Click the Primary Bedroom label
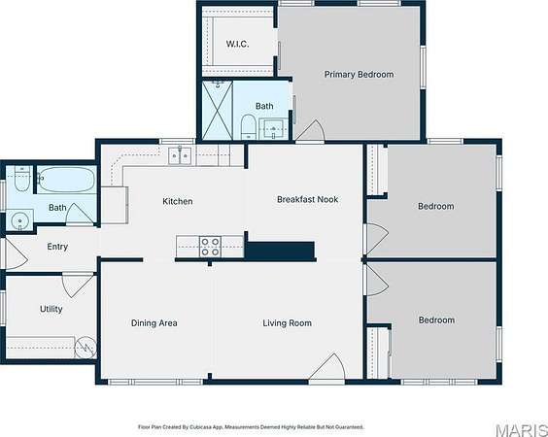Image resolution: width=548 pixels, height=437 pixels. (x=359, y=75)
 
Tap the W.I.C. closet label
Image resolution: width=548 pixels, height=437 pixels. (x=237, y=44)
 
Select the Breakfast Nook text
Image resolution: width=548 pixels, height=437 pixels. (x=308, y=199)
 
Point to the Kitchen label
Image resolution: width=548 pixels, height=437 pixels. (x=178, y=201)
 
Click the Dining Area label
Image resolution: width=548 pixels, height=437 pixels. (x=154, y=323)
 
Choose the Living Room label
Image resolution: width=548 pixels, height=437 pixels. (x=288, y=323)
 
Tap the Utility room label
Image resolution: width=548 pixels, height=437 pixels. (x=51, y=309)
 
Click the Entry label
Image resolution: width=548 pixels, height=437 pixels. (x=57, y=247)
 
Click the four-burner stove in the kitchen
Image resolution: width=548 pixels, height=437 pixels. (x=210, y=247)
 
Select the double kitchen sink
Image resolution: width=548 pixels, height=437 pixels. (x=180, y=155)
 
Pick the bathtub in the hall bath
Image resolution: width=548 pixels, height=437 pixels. (x=66, y=180)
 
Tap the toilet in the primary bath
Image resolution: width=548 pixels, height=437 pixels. (x=249, y=126)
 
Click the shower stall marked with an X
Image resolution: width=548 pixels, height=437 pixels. (x=218, y=111)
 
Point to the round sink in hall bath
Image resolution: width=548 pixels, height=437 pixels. (x=20, y=220)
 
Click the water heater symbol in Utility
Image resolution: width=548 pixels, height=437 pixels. (x=86, y=347)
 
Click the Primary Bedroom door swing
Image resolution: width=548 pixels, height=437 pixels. (x=311, y=131)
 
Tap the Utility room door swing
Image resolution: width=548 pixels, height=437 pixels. (x=78, y=286)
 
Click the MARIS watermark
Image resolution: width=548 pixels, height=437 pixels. (x=522, y=430)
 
